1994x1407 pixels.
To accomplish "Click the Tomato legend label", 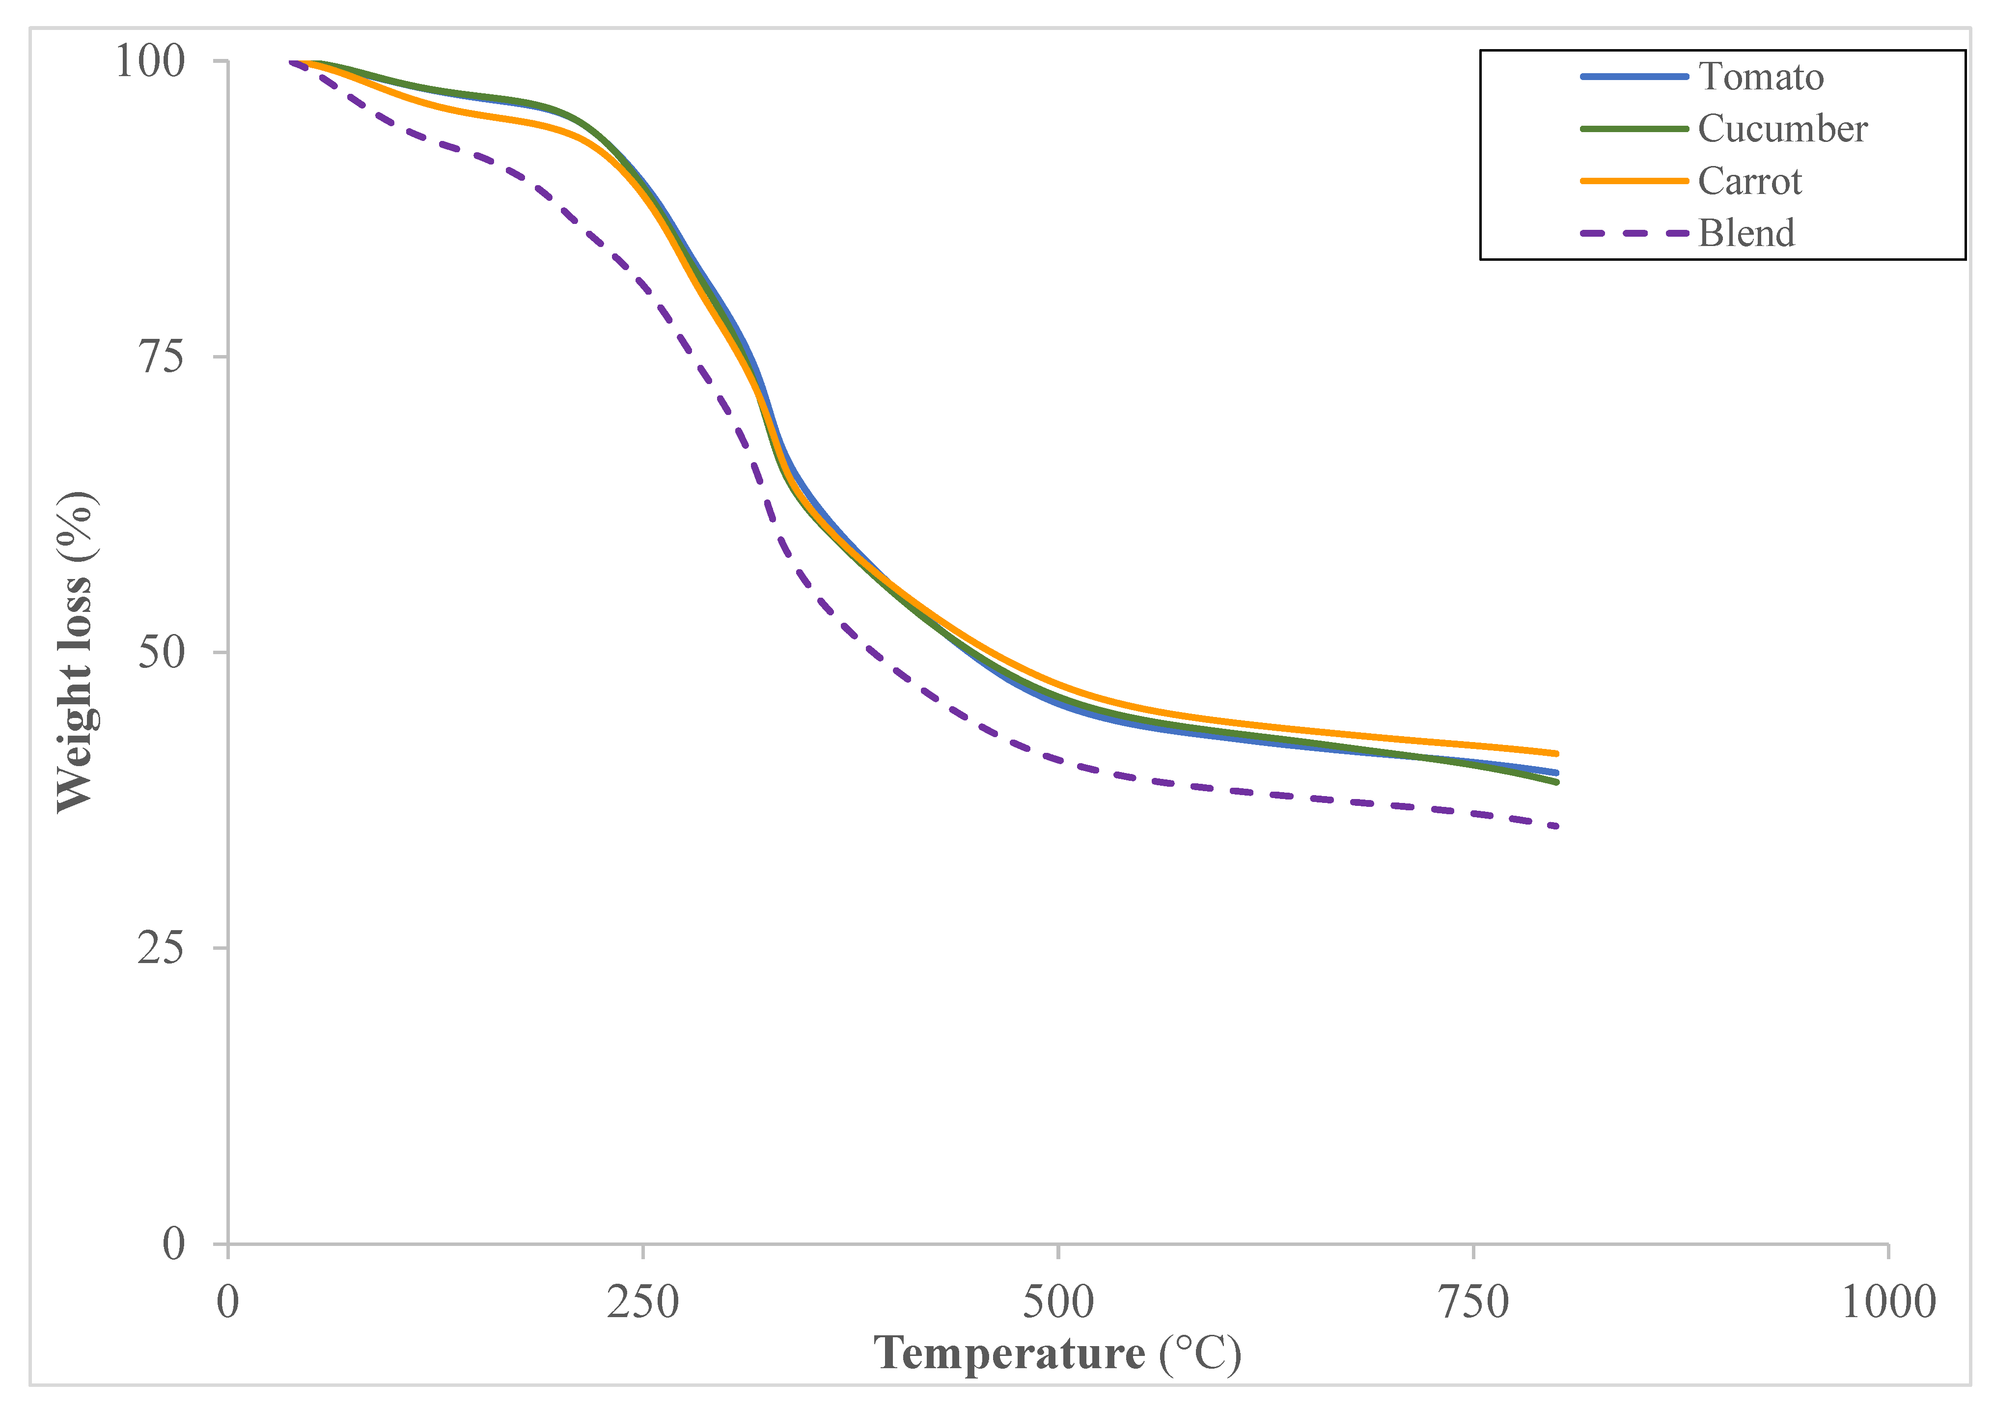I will point(1760,77).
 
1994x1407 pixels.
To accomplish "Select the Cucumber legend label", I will point(1782,130).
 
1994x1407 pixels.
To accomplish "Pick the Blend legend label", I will point(1745,234).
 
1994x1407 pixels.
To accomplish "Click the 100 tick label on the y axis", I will point(150,62).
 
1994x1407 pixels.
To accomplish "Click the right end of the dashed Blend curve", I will point(1556,826).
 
